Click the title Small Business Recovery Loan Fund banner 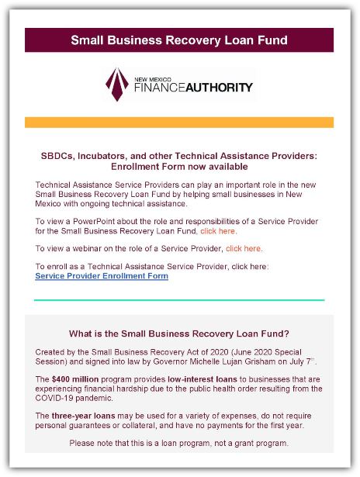(179, 40)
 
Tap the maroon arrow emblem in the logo (119, 84)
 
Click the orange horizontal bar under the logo (179, 123)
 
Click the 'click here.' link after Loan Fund (219, 231)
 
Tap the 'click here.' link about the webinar (244, 249)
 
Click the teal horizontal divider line (179, 299)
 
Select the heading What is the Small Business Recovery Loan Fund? (179, 334)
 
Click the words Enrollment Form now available (179, 166)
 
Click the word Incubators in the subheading (100, 156)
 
